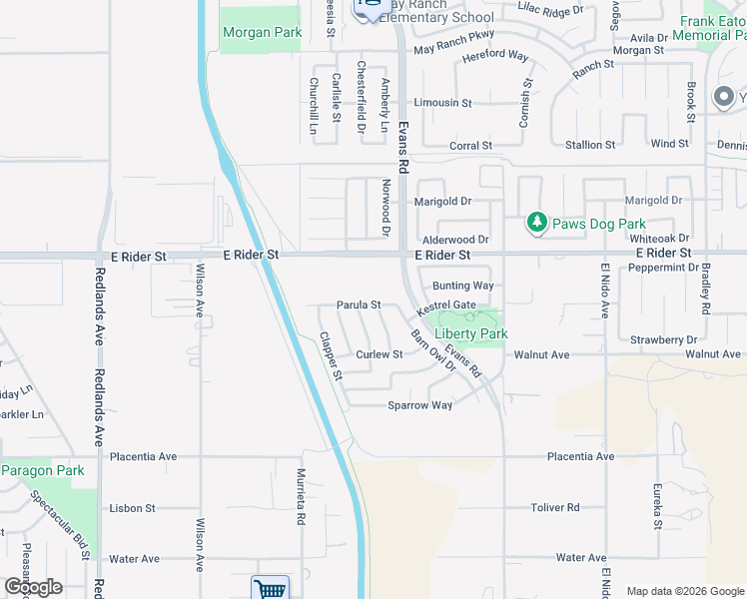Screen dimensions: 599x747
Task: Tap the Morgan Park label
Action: click(x=262, y=33)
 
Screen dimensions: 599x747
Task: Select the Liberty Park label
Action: click(x=471, y=333)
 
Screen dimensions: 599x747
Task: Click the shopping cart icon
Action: click(x=270, y=589)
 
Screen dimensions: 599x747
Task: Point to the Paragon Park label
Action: click(x=42, y=470)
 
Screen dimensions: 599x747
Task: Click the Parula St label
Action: click(x=359, y=304)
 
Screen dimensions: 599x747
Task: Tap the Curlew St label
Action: click(x=379, y=354)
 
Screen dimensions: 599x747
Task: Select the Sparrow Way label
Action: click(x=420, y=405)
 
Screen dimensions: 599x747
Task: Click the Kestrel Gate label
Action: click(x=446, y=304)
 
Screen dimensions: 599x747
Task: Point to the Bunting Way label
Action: click(x=463, y=286)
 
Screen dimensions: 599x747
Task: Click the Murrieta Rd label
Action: click(x=300, y=497)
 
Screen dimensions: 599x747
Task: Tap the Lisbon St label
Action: click(x=133, y=508)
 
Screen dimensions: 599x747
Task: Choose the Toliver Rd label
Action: click(x=555, y=507)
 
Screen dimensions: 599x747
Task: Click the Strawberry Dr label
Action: click(x=663, y=340)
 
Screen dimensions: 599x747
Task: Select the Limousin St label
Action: click(x=442, y=103)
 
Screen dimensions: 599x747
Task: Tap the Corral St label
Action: click(x=470, y=146)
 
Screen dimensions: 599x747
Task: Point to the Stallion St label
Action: click(x=590, y=146)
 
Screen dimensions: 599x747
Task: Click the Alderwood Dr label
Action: click(x=455, y=240)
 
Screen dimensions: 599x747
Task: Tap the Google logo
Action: click(x=33, y=587)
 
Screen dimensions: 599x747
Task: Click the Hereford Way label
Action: click(x=495, y=57)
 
